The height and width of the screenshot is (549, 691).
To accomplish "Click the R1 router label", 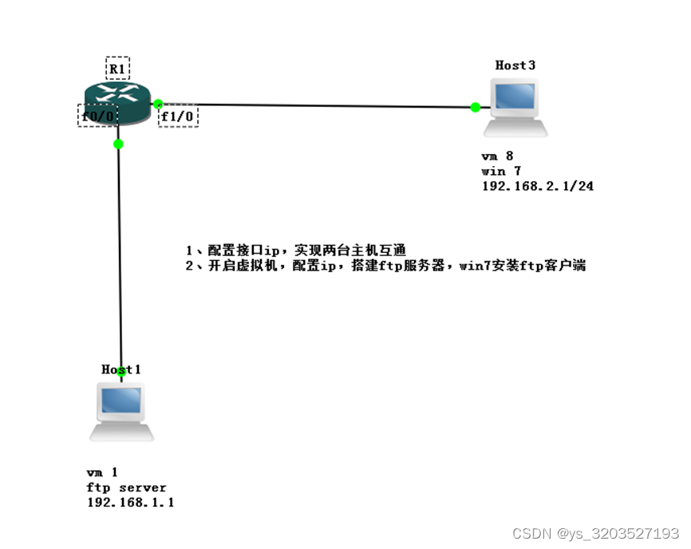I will tap(117, 68).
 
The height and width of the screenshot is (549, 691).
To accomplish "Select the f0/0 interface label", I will tap(99, 116).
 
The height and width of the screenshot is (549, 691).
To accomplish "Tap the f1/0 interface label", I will tap(178, 117).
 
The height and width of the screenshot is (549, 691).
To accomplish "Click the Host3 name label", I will tap(515, 65).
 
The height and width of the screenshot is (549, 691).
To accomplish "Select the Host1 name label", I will tap(121, 369).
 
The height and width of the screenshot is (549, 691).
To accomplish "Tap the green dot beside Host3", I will tap(476, 107).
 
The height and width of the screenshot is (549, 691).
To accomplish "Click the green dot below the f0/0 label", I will tap(118, 144).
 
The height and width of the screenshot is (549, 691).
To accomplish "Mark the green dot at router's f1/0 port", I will tap(158, 103).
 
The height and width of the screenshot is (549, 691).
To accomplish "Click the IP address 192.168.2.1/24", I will tap(537, 186).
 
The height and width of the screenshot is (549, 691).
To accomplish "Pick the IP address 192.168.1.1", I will tap(130, 503).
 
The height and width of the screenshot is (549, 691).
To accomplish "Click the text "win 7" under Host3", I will tap(498, 171).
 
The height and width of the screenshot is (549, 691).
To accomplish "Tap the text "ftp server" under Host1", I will tap(127, 488).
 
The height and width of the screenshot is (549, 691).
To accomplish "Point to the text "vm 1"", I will tap(103, 472).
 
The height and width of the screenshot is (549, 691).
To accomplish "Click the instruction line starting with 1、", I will tap(295, 251).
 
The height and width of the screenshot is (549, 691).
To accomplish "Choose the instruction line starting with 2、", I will tap(385, 266).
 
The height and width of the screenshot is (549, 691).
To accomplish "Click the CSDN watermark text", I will tap(595, 533).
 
